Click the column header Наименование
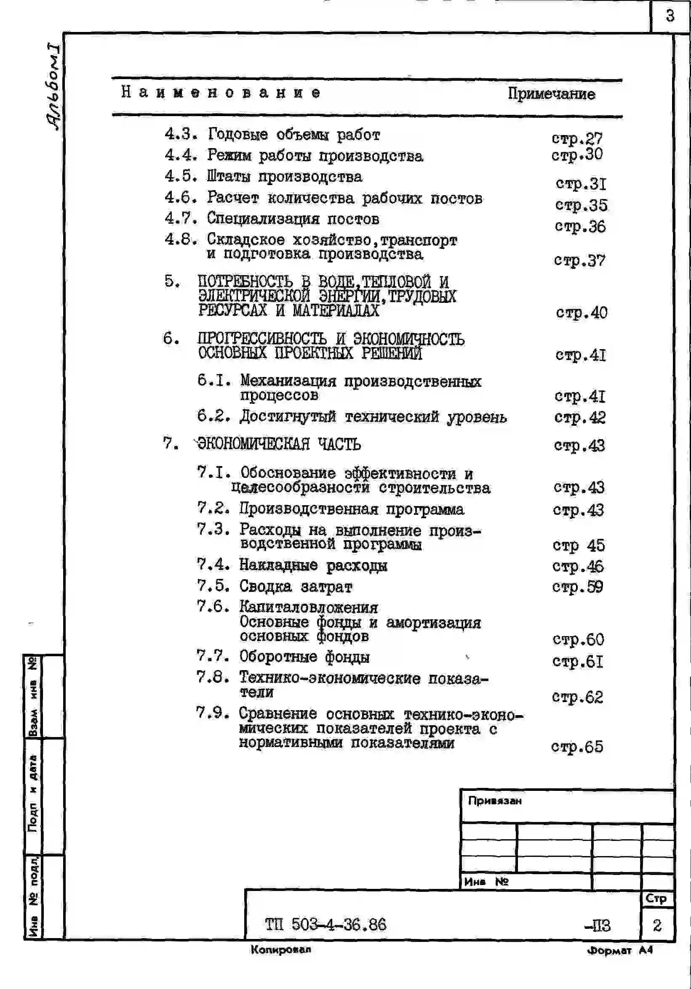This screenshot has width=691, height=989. click(x=221, y=93)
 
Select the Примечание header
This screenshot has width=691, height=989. click(x=551, y=94)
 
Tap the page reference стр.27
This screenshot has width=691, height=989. click(x=577, y=138)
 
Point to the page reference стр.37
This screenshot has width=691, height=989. click(x=579, y=260)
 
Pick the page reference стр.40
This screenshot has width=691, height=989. click(x=581, y=313)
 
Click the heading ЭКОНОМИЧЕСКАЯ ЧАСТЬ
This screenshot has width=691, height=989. click(x=279, y=444)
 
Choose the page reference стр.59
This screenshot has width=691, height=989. click(x=577, y=587)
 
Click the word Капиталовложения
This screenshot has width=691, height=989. click(x=309, y=608)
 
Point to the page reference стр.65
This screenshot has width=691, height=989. click(x=577, y=747)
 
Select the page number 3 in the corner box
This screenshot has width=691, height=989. click(x=670, y=16)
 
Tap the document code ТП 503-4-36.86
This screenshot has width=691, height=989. click(x=325, y=925)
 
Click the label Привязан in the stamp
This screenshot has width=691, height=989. click(x=495, y=801)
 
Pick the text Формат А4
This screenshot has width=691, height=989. click(x=620, y=951)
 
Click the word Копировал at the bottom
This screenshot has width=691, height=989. click(x=280, y=949)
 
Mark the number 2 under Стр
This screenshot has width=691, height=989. click(x=656, y=925)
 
